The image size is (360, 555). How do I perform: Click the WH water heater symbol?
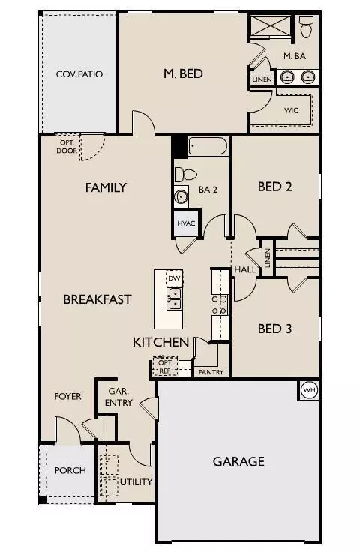click(x=309, y=390)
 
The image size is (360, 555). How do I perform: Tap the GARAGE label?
click(x=238, y=461)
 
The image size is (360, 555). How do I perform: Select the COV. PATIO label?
click(x=79, y=74)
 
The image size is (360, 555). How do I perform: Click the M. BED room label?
click(x=184, y=73)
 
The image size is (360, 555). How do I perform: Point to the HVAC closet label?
click(x=186, y=224)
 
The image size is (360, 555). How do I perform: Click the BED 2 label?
click(x=274, y=187)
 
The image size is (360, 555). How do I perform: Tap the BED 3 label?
click(x=274, y=328)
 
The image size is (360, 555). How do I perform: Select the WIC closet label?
click(x=292, y=109)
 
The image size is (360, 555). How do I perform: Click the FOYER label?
click(x=67, y=396)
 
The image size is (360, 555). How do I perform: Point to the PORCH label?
click(x=70, y=471)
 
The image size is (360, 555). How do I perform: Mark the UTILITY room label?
click(x=136, y=481)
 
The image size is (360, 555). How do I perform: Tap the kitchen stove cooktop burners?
click(x=220, y=304)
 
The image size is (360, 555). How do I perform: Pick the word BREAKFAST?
click(x=97, y=298)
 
